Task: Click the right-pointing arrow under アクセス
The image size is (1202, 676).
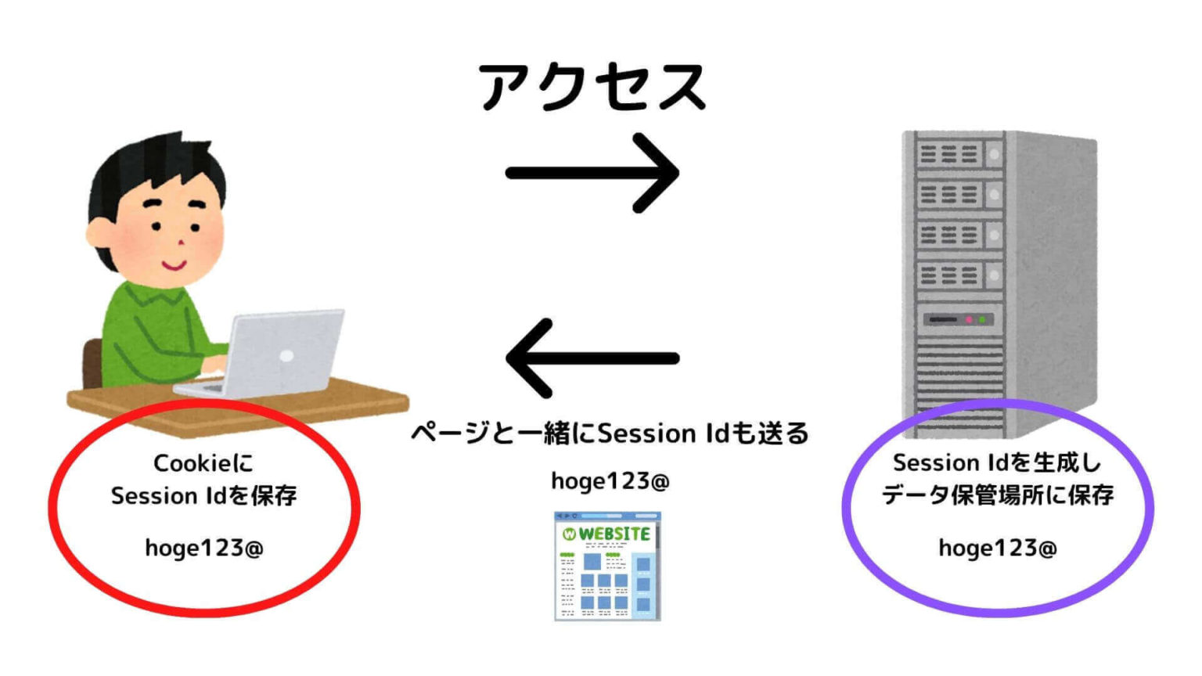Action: click(592, 173)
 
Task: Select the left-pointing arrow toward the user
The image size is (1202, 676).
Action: click(592, 358)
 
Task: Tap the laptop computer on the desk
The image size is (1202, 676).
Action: click(274, 356)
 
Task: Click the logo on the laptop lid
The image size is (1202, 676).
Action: click(287, 356)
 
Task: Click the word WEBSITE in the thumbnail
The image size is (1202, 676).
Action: click(615, 534)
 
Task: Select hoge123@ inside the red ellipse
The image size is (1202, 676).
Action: click(203, 548)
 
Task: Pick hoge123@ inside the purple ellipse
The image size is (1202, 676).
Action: click(998, 548)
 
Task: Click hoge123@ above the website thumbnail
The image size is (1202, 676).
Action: click(610, 480)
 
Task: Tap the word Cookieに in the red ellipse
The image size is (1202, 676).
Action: click(203, 463)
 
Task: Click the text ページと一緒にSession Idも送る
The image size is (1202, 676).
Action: click(610, 433)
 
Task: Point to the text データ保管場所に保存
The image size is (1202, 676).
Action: click(998, 495)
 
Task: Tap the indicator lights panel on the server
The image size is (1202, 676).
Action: click(959, 319)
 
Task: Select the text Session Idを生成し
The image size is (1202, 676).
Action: click(998, 462)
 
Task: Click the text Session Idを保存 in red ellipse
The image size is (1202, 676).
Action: click(203, 495)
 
